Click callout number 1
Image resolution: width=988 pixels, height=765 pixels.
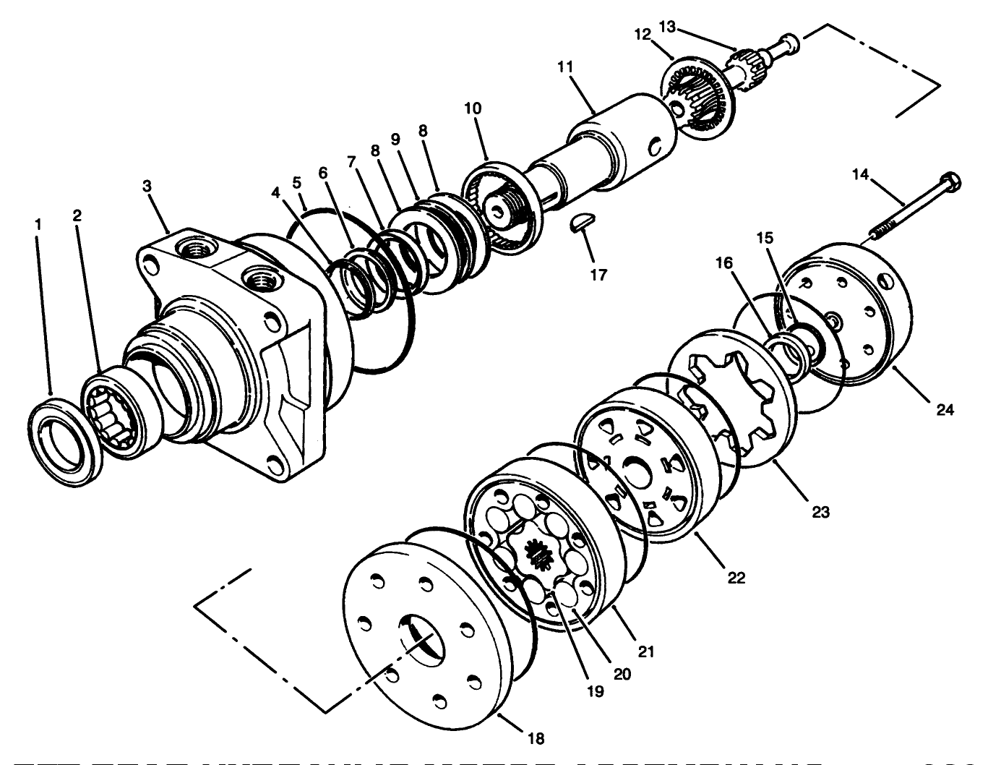pos(38,225)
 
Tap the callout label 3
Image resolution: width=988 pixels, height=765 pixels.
pos(147,186)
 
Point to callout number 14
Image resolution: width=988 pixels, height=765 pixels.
pos(860,174)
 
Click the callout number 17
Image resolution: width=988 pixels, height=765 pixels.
pos(598,275)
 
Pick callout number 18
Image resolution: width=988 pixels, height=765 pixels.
pos(536,738)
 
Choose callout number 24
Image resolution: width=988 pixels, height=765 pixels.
pos(945,410)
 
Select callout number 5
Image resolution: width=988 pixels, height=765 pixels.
pos(296,182)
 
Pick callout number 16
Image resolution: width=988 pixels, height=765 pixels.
pos(725,263)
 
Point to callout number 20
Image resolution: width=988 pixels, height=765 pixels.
pos(622,673)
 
